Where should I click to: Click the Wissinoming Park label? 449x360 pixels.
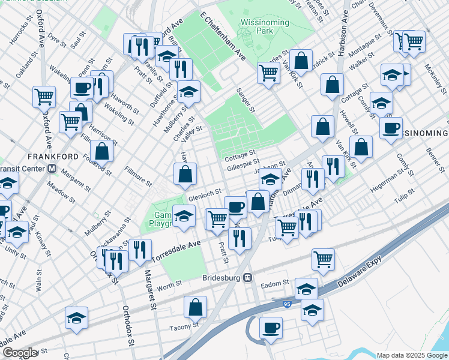265,26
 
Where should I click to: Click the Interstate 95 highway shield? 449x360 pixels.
287,305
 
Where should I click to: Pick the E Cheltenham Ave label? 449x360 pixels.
224,34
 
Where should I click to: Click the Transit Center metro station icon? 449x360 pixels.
53,169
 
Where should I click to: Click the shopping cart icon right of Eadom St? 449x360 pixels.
323,259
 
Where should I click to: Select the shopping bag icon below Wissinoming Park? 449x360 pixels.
302,60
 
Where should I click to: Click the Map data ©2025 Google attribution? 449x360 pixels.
411,355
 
